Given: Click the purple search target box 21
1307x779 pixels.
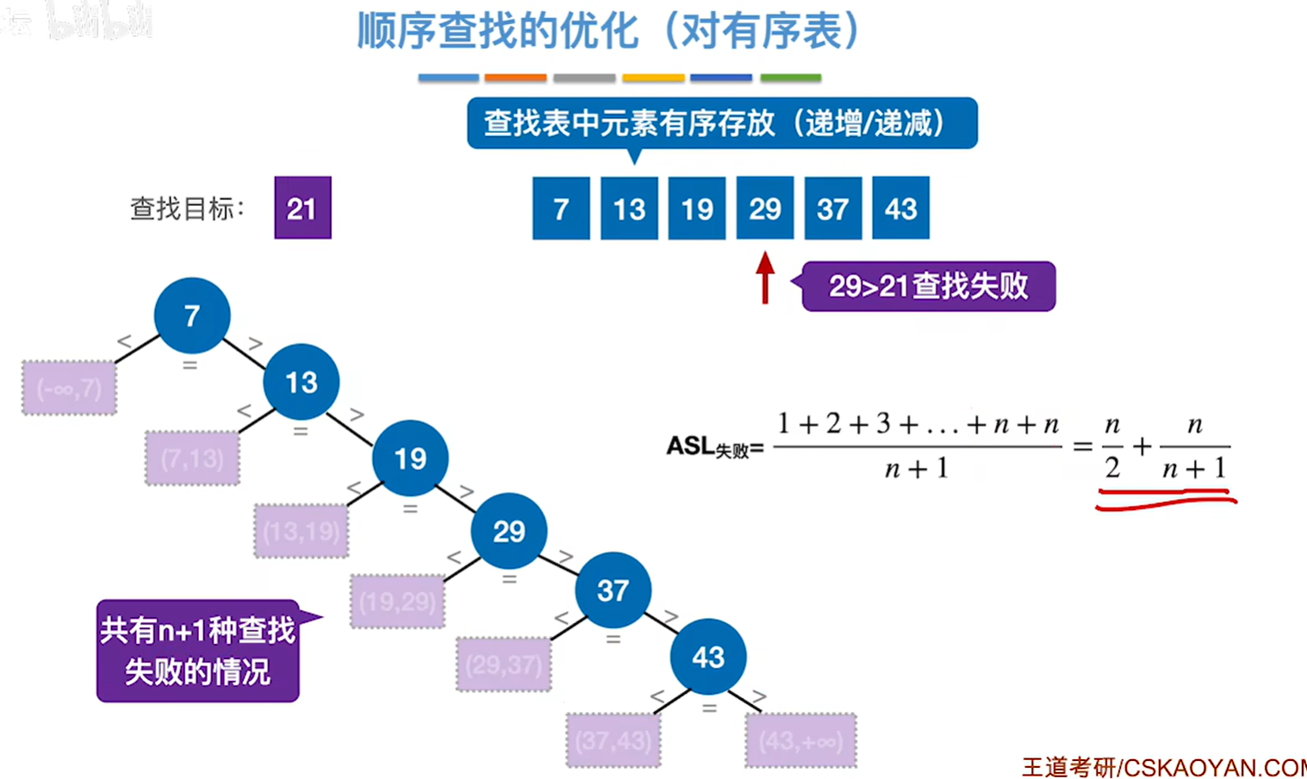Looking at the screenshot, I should coord(302,208).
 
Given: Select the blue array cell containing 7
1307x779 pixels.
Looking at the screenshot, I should coord(561,208).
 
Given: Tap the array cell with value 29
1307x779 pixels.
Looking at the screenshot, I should coord(765,208).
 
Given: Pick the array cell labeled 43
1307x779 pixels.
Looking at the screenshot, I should coord(900,208).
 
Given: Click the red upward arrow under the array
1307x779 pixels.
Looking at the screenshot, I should coord(765,277).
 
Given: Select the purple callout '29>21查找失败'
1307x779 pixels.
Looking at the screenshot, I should coord(928,286).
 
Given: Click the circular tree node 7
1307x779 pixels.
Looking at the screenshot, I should coord(192,315).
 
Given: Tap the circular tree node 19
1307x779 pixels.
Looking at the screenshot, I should coord(410,458).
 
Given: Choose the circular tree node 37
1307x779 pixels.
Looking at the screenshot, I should coord(613,590).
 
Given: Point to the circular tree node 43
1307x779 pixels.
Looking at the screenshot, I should coord(708,657).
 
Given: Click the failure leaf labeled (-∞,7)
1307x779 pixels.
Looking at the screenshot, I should coord(69,389).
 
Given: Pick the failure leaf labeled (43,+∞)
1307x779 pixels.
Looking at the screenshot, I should coord(800,741).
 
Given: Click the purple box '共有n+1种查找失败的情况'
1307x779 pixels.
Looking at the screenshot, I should coord(198,651).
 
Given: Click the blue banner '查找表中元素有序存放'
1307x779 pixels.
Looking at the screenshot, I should coord(722,123).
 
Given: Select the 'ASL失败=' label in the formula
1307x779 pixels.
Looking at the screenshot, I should coord(714,446).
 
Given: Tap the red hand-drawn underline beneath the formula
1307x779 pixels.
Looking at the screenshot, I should coord(1165,499).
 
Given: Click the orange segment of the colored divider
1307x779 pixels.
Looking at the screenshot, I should coord(515,78).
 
